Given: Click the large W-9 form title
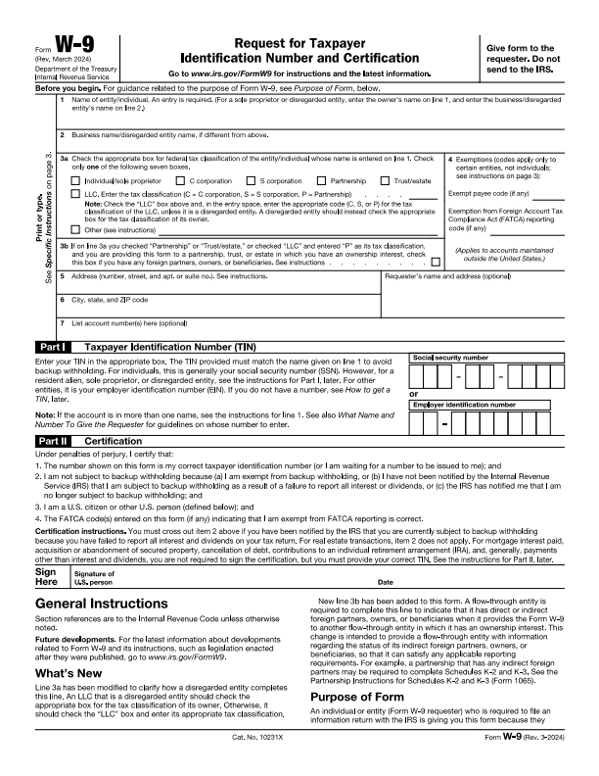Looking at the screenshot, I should [x=68, y=46].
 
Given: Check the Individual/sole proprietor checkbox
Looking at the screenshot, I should [x=78, y=181].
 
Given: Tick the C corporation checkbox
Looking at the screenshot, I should [x=180, y=181].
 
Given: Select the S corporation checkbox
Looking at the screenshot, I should [x=251, y=181].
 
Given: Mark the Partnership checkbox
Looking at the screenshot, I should [x=321, y=181].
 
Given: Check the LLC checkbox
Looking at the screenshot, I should [x=78, y=196].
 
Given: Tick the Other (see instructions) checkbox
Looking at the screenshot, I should [x=78, y=229].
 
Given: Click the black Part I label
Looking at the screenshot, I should [x=51, y=347].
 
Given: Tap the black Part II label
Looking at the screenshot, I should [x=52, y=442].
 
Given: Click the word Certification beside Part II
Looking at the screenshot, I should [x=114, y=442].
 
